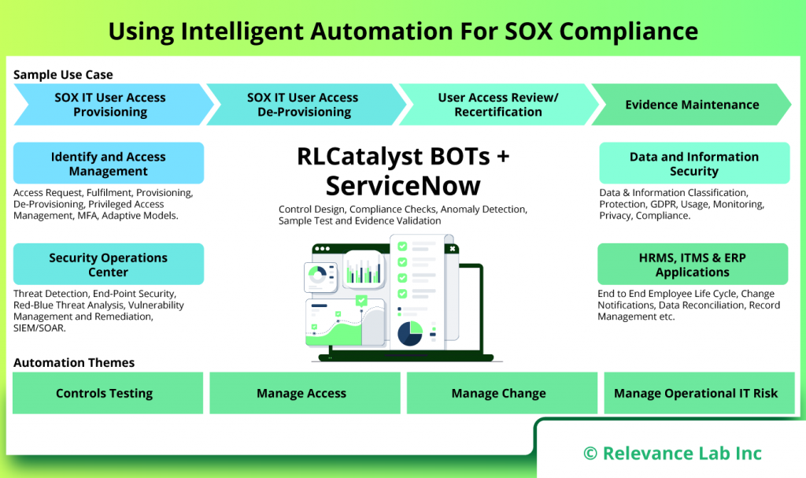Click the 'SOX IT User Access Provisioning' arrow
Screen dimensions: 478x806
click(x=110, y=105)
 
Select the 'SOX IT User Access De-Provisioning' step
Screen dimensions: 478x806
click(x=302, y=105)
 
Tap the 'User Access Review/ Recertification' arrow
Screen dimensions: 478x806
click(x=497, y=105)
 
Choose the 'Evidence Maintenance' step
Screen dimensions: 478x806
click(x=692, y=105)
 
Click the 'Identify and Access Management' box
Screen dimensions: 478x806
click(x=109, y=164)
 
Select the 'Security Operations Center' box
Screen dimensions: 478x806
click(x=109, y=265)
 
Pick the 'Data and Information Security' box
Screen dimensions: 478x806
click(x=693, y=164)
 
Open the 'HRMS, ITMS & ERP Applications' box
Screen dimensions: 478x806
click(x=692, y=265)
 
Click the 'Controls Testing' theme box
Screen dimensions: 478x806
click(x=105, y=393)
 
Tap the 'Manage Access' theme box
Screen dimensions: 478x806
click(x=301, y=393)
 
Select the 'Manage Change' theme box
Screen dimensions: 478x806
click(x=498, y=393)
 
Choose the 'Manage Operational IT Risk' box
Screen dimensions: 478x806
click(x=696, y=393)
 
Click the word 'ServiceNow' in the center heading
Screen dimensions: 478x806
click(x=403, y=186)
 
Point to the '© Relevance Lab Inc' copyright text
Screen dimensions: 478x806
click(x=672, y=453)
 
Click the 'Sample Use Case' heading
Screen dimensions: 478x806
click(x=63, y=75)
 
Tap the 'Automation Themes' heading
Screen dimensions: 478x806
click(x=74, y=363)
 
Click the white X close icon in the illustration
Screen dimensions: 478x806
click(x=453, y=248)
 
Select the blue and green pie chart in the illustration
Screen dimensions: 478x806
click(x=409, y=334)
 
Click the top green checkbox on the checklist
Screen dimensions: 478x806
click(x=402, y=246)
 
